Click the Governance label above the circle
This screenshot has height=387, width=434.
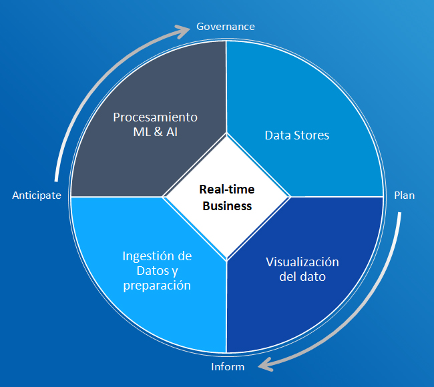[226, 27]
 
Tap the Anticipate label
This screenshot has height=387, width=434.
[37, 196]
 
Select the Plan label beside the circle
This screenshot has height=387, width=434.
[404, 196]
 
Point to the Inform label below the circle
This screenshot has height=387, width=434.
[228, 367]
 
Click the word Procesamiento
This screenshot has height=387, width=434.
[155, 117]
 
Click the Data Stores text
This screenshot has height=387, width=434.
[297, 135]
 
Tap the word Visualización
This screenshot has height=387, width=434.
[302, 262]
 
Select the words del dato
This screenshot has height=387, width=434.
[302, 276]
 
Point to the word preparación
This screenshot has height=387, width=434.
[157, 286]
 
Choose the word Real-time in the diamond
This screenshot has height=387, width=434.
[227, 189]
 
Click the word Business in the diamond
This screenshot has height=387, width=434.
[227, 206]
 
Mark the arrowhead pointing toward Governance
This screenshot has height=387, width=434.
[185, 31]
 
